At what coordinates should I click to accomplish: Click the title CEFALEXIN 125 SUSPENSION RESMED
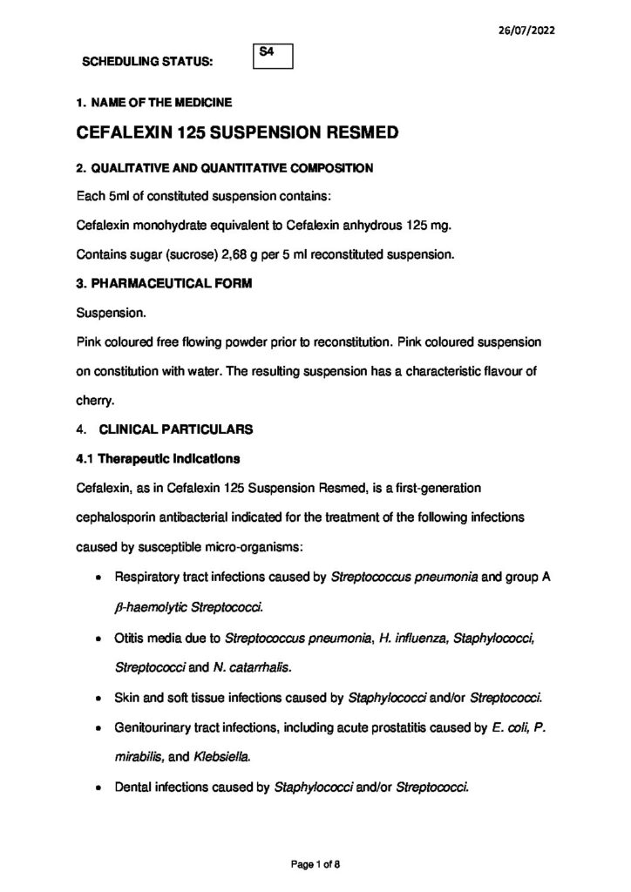pyautogui.click(x=238, y=134)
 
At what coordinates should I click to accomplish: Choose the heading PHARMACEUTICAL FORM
pyautogui.click(x=170, y=282)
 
